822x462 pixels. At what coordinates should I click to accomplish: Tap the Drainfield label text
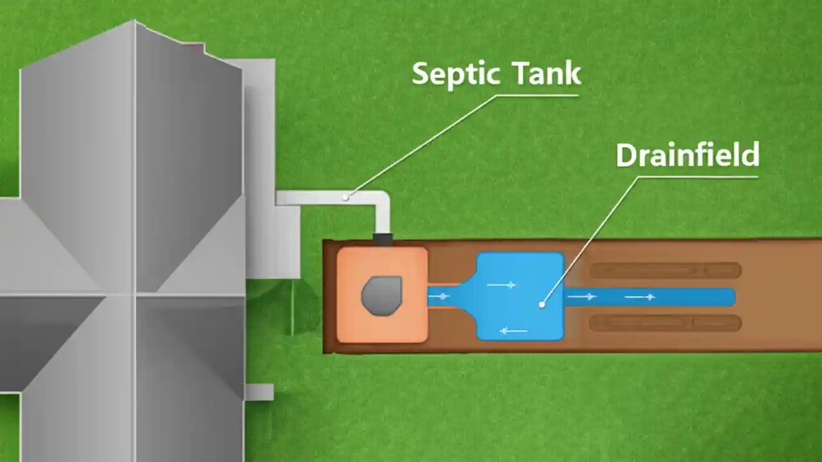click(687, 155)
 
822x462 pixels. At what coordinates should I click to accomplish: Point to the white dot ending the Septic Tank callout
click(345, 197)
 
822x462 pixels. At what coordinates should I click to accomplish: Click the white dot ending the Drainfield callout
click(542, 305)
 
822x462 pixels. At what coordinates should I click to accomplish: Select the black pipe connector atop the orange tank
click(382, 240)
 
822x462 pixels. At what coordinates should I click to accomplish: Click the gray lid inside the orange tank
click(381, 296)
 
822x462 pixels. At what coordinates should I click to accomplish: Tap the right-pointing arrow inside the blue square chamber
click(501, 284)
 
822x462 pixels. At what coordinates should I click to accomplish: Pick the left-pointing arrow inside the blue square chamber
click(514, 331)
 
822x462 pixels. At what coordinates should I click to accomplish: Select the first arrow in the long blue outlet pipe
click(582, 296)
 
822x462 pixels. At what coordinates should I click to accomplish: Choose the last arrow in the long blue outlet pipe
click(640, 296)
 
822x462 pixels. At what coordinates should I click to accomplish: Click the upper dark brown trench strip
click(665, 270)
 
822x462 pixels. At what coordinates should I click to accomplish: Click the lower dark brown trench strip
click(665, 323)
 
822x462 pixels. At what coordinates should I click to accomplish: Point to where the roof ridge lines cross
click(135, 296)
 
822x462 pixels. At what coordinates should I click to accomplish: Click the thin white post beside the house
click(293, 308)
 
